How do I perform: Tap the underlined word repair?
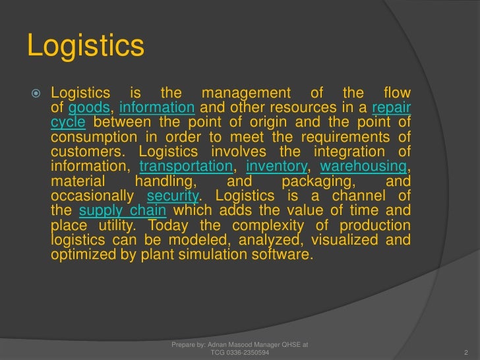coord(392,108)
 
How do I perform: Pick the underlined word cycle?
coord(68,123)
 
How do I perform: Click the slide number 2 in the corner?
coord(465,352)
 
